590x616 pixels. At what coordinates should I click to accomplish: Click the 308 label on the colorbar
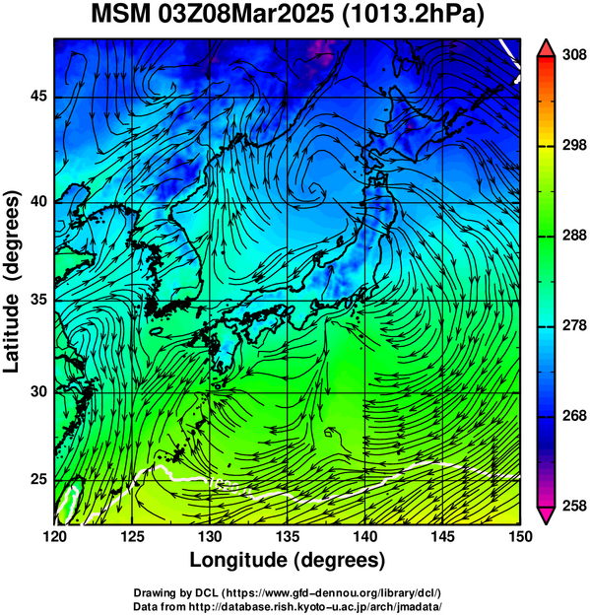[x=574, y=55]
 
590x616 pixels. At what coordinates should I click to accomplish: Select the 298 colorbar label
[x=574, y=146]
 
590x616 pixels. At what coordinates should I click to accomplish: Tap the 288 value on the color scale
[x=574, y=236]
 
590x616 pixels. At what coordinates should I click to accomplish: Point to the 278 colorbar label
[x=574, y=325]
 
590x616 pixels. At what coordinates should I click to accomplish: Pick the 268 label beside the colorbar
[x=574, y=416]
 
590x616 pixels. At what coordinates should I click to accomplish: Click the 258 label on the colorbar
[x=574, y=506]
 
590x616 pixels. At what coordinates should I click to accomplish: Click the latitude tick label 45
[x=38, y=96]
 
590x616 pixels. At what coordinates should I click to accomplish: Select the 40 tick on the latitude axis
[x=38, y=202]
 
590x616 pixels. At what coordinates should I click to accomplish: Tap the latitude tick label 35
[x=38, y=300]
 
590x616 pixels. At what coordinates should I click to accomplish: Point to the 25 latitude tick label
[x=38, y=480]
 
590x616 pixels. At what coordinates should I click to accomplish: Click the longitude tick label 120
[x=54, y=536]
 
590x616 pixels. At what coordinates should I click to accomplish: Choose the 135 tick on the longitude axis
[x=288, y=536]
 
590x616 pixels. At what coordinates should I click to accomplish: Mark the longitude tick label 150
[x=520, y=536]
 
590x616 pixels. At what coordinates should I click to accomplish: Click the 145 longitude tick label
[x=443, y=536]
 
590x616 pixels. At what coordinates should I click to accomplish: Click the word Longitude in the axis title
[x=239, y=561]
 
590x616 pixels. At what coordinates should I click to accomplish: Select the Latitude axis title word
[x=11, y=333]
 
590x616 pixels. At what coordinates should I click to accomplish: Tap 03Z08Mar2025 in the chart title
[x=246, y=15]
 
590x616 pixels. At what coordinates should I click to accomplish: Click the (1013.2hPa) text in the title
[x=413, y=16]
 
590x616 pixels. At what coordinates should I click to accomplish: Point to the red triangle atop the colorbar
[x=546, y=47]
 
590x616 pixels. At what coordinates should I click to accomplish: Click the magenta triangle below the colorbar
[x=546, y=515]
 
